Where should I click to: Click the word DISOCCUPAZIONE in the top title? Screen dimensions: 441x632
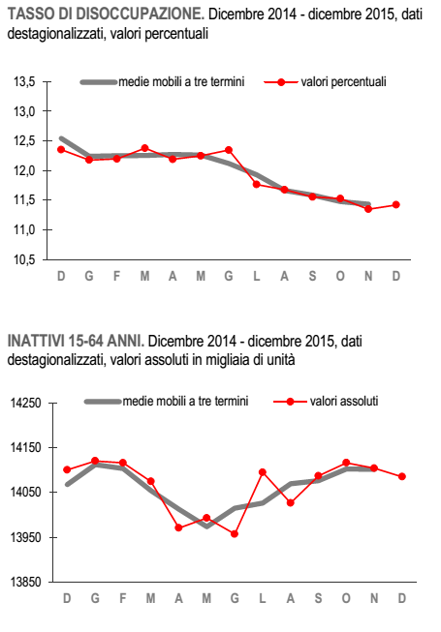pyautogui.click(x=140, y=15)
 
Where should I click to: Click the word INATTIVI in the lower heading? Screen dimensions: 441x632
pyautogui.click(x=34, y=341)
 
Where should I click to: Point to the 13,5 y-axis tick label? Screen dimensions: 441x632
pyautogui.click(x=24, y=82)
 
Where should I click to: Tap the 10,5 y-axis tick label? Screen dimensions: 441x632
pyautogui.click(x=24, y=260)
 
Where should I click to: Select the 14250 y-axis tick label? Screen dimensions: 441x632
pyautogui.click(x=26, y=403)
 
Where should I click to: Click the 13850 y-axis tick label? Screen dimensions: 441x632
pyautogui.click(x=26, y=582)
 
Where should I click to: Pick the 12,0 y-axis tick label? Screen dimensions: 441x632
pyautogui.click(x=24, y=171)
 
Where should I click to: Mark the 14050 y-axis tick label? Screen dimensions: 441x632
pyautogui.click(x=26, y=492)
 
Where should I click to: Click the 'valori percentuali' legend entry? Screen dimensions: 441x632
pyautogui.click(x=326, y=82)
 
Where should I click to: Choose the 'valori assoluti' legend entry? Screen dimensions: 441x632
pyautogui.click(x=326, y=402)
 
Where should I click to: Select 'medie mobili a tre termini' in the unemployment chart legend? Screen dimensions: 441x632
pyautogui.click(x=162, y=82)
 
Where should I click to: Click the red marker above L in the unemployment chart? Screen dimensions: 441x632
pyautogui.click(x=256, y=184)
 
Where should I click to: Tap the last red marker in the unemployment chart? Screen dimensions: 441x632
pyautogui.click(x=395, y=205)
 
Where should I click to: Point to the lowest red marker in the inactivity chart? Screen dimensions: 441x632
pyautogui.click(x=235, y=534)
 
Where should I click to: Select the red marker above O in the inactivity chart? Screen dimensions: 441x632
pyautogui.click(x=346, y=463)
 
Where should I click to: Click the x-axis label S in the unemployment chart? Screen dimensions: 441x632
pyautogui.click(x=312, y=276)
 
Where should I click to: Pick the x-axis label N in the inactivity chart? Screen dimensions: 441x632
pyautogui.click(x=374, y=598)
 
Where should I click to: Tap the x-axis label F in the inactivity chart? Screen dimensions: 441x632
pyautogui.click(x=123, y=598)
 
